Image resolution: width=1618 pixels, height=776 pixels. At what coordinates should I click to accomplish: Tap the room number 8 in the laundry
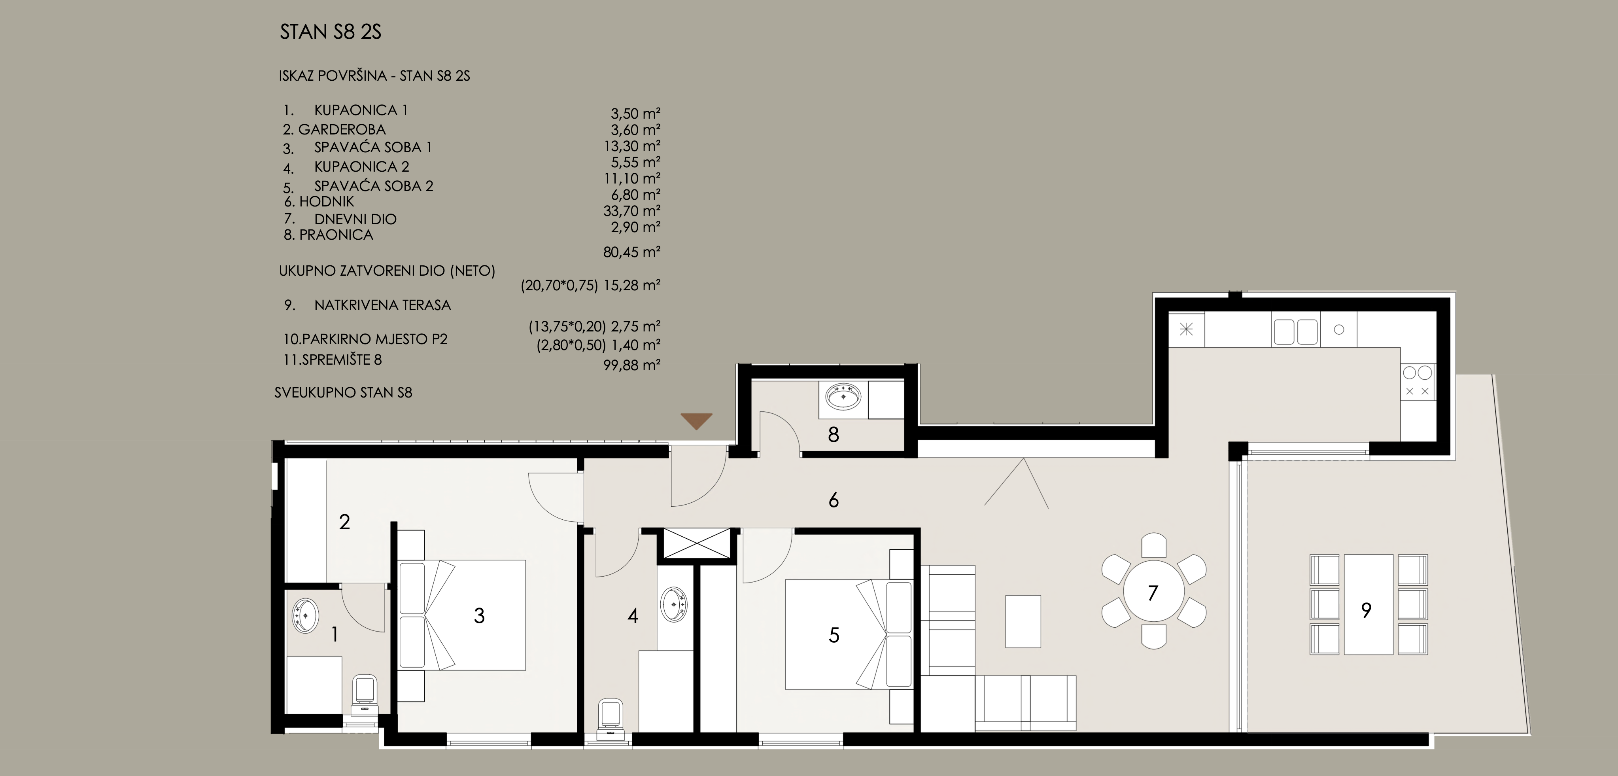pyautogui.click(x=834, y=435)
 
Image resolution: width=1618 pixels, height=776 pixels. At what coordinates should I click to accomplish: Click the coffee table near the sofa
pyautogui.click(x=1023, y=621)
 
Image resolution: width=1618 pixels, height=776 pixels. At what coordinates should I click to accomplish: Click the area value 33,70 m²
pyautogui.click(x=632, y=210)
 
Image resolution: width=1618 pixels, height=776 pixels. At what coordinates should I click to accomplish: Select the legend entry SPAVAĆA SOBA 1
pyautogui.click(x=373, y=148)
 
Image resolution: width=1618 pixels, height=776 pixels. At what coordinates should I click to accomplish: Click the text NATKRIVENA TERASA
pyautogui.click(x=382, y=305)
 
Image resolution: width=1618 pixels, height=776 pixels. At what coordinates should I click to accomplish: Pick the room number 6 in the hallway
pyautogui.click(x=834, y=500)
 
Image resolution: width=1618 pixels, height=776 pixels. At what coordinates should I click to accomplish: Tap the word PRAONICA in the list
pyautogui.click(x=336, y=235)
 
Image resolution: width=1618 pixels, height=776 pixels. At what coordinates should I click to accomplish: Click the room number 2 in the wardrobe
pyautogui.click(x=344, y=522)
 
